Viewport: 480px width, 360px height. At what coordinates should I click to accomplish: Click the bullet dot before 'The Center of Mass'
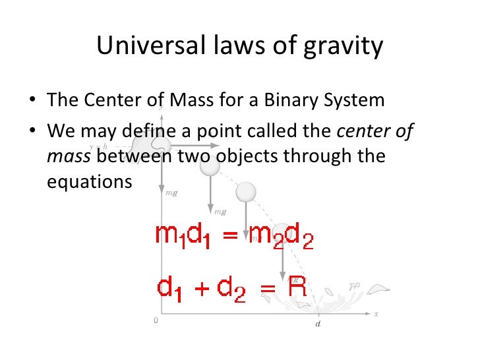pyautogui.click(x=33, y=102)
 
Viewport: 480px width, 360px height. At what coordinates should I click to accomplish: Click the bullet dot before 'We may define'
pyautogui.click(x=33, y=131)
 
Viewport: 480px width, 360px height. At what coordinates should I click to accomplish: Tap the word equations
pyautogui.click(x=90, y=181)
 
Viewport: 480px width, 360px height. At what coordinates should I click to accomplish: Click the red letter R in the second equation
pyautogui.click(x=298, y=287)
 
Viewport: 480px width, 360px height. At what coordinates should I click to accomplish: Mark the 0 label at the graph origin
pyautogui.click(x=156, y=320)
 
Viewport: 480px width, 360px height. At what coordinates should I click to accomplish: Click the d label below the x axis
pyautogui.click(x=318, y=324)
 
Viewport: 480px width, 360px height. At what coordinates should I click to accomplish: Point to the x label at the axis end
pyautogui.click(x=376, y=314)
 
